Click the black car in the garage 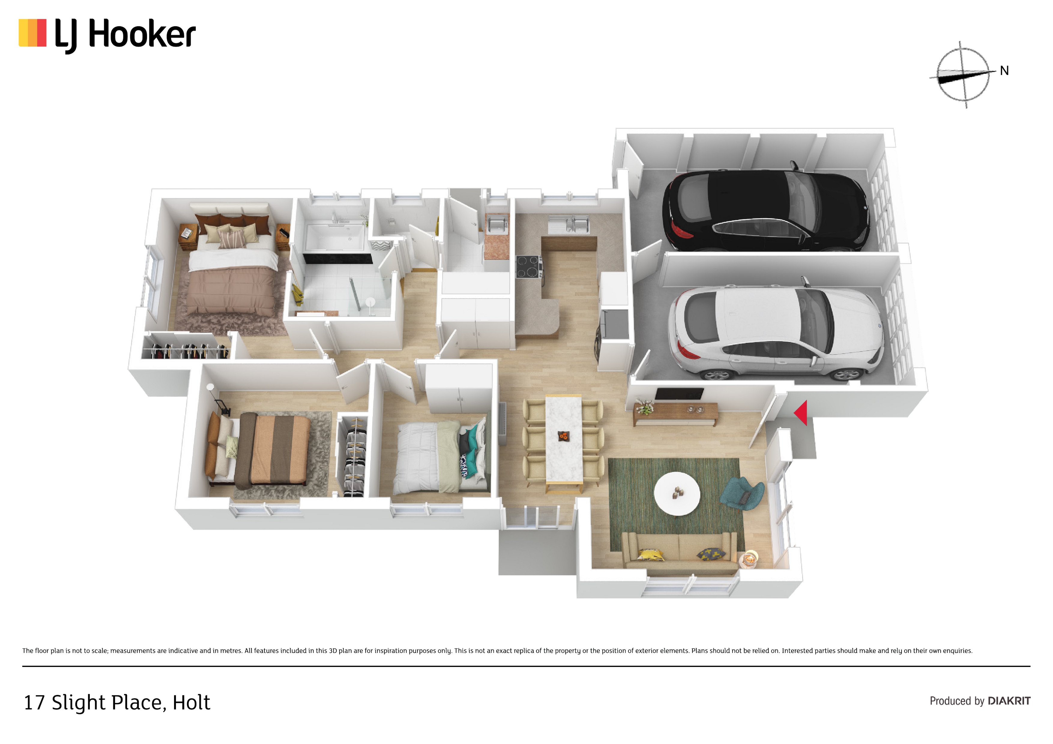click(x=766, y=210)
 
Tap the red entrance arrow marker click(x=801, y=412)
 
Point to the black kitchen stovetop click(x=528, y=266)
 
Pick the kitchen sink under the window click(x=570, y=225)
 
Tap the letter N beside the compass click(x=1004, y=70)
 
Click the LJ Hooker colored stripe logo click(x=32, y=33)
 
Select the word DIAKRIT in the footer click(x=1009, y=701)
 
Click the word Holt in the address click(x=191, y=703)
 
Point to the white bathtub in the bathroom click(x=335, y=237)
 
